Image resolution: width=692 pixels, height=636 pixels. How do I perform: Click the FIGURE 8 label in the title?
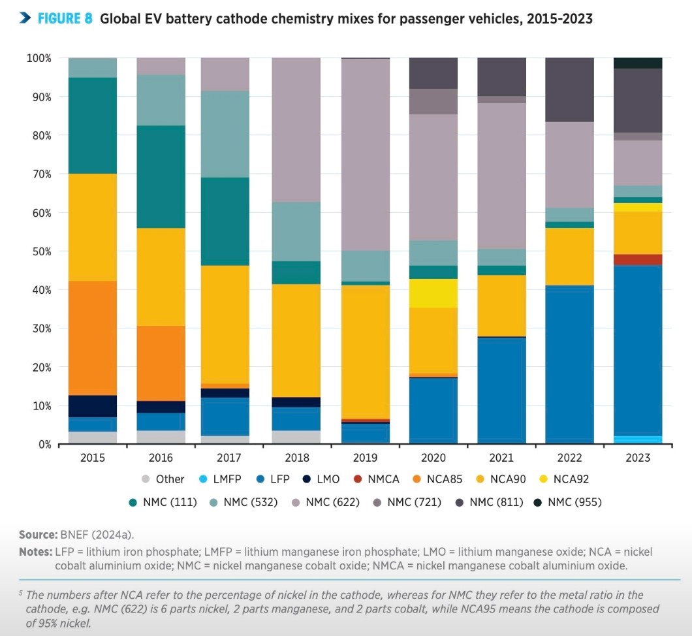65,18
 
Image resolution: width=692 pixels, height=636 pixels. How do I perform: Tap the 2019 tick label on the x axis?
365,458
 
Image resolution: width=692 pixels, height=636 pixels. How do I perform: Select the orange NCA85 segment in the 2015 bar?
93,338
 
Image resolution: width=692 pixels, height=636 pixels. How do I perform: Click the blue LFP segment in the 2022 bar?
570,364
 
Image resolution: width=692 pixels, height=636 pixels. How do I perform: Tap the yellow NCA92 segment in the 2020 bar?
433,293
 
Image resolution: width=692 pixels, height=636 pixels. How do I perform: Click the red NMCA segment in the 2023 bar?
638,259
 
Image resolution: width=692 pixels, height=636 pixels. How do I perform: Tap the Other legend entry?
163,479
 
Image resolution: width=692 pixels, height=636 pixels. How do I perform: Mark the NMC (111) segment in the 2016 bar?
161,176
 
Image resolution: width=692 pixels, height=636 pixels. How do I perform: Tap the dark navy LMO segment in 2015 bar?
93,406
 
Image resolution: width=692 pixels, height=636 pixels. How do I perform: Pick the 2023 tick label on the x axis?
638,458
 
